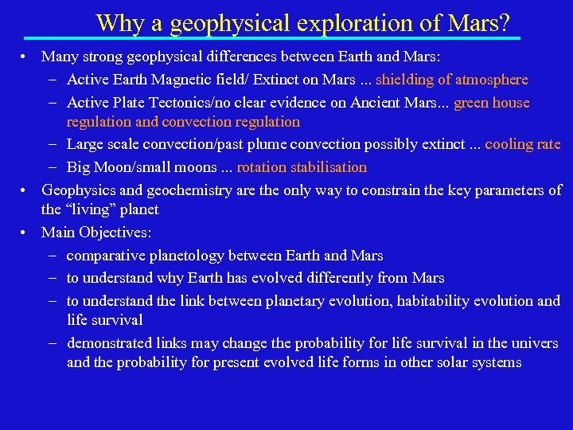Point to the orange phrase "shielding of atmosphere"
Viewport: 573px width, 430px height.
click(451, 80)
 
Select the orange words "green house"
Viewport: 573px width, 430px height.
click(492, 103)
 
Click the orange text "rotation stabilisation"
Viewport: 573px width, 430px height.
click(302, 167)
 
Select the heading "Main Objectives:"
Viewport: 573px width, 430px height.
click(96, 233)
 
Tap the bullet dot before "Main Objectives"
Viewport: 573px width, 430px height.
click(25, 233)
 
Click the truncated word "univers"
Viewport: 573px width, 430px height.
click(536, 343)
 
